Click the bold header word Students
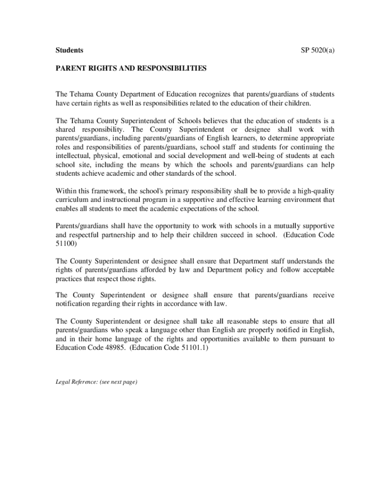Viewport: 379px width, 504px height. (69, 50)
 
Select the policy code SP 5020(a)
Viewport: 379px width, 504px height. (317, 50)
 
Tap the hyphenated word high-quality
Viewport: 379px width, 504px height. (314, 191)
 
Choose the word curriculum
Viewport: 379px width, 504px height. (75, 200)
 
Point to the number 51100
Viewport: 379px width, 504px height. (67, 244)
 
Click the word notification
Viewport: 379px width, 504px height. (75, 304)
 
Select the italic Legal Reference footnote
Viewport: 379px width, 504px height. (96, 382)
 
